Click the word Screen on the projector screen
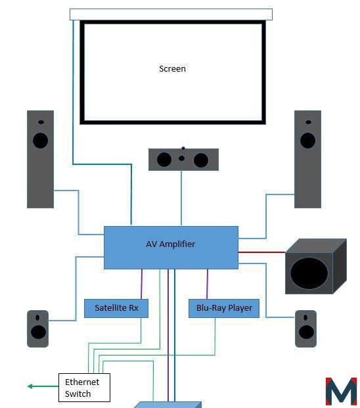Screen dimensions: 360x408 [x=172, y=69]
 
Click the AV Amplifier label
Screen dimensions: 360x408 [x=171, y=244]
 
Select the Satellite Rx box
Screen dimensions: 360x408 [x=116, y=308]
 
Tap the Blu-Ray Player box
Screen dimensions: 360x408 [x=224, y=308]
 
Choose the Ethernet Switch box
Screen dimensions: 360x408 [x=84, y=388]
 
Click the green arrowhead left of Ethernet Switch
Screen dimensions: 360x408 [x=30, y=386]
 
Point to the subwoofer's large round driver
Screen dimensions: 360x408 [x=309, y=273]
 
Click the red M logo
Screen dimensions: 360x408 [x=341, y=392]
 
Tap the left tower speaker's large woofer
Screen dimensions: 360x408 [x=40, y=141]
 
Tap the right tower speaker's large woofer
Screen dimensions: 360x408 [x=307, y=141]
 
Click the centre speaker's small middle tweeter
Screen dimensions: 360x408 [x=182, y=158]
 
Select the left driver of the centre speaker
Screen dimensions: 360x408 [x=164, y=160]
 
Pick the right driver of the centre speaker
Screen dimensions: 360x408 [x=201, y=160]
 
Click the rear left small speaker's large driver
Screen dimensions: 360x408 [x=38, y=332]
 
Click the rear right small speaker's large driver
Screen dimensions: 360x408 [x=306, y=332]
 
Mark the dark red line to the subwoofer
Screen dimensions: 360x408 [x=262, y=252]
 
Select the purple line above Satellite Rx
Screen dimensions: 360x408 [x=141, y=284]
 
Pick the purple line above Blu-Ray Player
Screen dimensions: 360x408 [x=207, y=284]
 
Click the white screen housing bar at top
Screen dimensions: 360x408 [x=171, y=14]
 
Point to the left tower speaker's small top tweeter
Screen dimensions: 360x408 [x=41, y=122]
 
